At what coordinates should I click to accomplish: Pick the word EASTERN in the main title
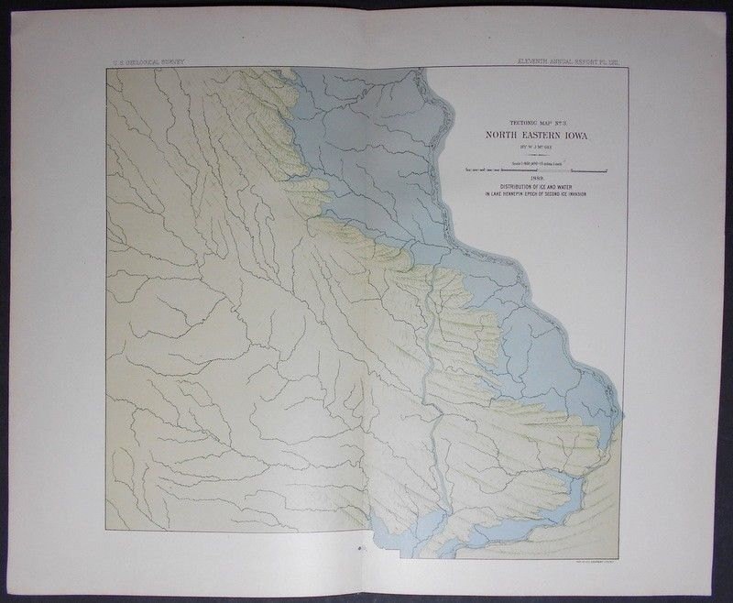(x=547, y=134)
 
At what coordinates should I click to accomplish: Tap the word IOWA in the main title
(x=586, y=134)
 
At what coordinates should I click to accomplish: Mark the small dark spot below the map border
(x=360, y=548)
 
